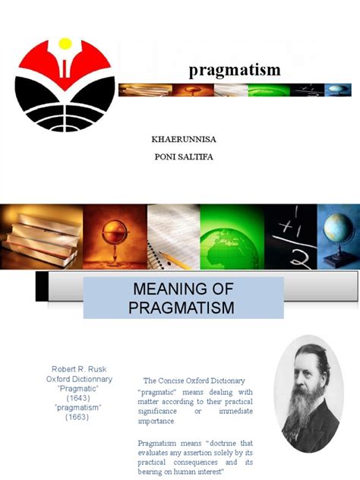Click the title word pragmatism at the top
pyautogui.click(x=235, y=71)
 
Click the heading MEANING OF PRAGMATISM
pyautogui.click(x=182, y=298)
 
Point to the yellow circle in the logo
pyautogui.click(x=65, y=44)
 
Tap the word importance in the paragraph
pyautogui.click(x=156, y=421)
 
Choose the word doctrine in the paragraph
pyautogui.click(x=212, y=443)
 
